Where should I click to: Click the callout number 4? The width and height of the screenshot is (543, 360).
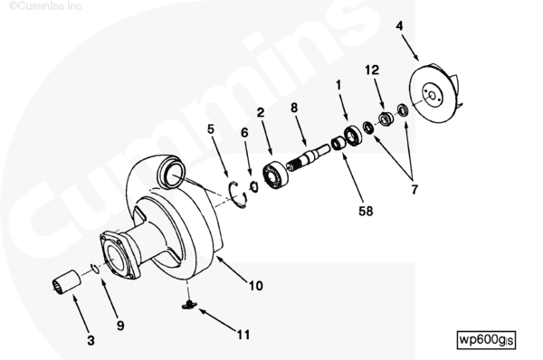point(399,26)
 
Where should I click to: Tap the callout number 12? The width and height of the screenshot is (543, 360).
point(372,71)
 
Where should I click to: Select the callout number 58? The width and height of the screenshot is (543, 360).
point(366,211)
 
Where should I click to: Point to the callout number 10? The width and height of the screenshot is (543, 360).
point(256,286)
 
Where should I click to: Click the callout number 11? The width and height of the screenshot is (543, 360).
point(243,335)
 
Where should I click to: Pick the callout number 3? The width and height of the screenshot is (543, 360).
point(90,341)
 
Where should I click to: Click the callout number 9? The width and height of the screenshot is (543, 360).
point(120,326)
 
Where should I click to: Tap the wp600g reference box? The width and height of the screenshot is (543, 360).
point(486,339)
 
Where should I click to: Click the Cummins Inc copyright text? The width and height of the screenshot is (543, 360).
point(45,6)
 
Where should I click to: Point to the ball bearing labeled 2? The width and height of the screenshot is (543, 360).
point(275,176)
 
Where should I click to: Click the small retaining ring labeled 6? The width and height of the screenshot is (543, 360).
point(253,186)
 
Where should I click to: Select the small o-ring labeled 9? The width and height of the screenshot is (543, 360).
point(94,269)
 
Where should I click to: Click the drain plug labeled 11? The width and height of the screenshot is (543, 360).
point(189,305)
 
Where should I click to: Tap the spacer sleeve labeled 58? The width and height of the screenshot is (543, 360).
point(338,143)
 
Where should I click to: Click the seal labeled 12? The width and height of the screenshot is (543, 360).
point(386,118)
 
